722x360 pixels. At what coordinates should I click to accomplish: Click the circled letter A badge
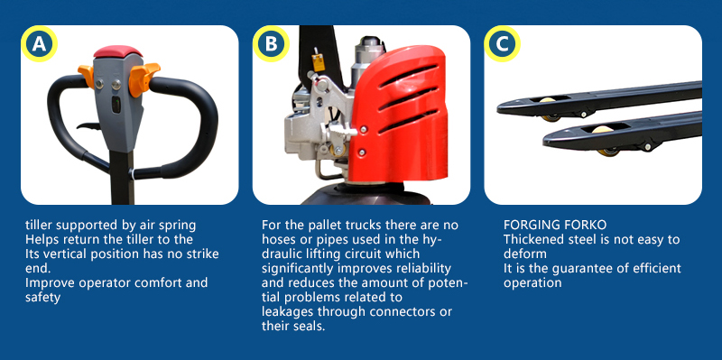point(39,43)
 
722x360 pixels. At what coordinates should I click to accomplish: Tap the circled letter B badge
point(271,43)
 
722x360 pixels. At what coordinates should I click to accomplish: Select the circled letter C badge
point(503,43)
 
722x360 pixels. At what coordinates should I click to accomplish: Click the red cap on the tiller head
point(118,51)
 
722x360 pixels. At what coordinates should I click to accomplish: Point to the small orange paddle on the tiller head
point(86,76)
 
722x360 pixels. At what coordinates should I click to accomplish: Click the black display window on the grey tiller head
point(117,105)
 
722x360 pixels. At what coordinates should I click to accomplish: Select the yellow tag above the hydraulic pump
point(318,62)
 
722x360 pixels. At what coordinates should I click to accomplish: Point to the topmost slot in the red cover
point(408,75)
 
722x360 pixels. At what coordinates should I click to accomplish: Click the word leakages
point(290,311)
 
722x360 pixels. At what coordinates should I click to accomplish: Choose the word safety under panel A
point(42,298)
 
